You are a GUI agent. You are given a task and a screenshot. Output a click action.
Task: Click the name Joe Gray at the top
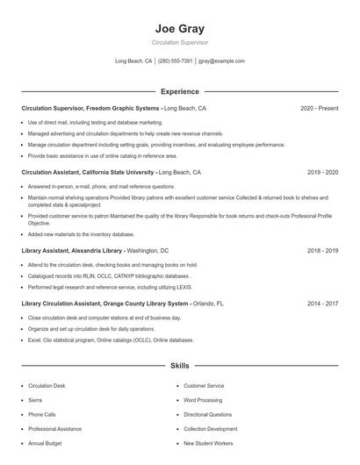coord(179,28)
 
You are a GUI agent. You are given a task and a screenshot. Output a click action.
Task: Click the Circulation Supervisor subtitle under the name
coord(179,42)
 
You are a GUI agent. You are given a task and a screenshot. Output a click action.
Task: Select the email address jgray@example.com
coord(221,61)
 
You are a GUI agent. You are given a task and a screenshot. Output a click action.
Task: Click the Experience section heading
coord(179,91)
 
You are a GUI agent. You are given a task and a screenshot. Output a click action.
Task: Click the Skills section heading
coord(179,364)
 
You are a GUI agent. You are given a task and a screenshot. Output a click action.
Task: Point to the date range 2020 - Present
coord(319,108)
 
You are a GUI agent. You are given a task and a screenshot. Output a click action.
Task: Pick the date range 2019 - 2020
coord(322,173)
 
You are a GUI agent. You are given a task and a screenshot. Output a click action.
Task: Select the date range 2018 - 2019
coord(322,250)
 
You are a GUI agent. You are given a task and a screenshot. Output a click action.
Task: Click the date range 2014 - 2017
coord(322,303)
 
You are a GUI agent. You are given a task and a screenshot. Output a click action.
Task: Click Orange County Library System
coord(143,303)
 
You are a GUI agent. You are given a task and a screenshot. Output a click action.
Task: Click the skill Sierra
coord(36,400)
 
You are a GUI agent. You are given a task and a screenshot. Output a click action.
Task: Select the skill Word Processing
coord(203,400)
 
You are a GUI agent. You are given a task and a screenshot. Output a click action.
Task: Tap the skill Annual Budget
coord(44,443)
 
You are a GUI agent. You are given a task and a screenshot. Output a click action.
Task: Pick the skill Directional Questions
coord(208,414)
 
